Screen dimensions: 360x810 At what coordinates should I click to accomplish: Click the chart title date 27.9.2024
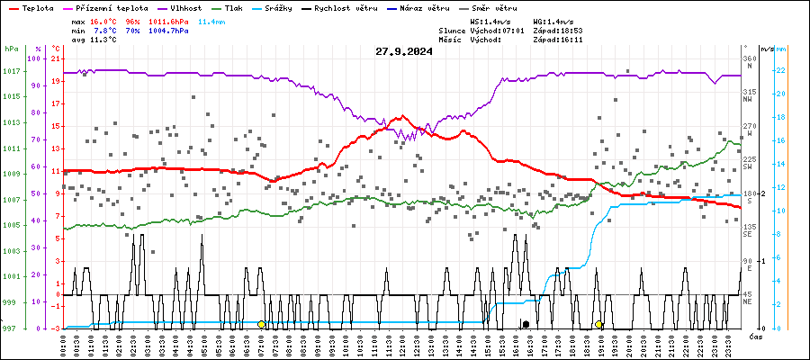tap(404, 51)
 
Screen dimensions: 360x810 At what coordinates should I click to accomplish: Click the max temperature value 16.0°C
tap(105, 20)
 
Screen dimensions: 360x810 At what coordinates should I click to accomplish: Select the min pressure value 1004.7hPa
tap(171, 31)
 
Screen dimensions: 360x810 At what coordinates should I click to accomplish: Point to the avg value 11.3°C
tap(105, 40)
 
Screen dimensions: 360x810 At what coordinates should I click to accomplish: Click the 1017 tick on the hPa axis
tap(11, 71)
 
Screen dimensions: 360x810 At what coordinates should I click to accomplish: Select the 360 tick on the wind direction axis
tap(749, 59)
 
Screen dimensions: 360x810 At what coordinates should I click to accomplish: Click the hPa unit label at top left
tap(11, 49)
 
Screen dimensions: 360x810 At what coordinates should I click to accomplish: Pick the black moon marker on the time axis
tap(526, 323)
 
